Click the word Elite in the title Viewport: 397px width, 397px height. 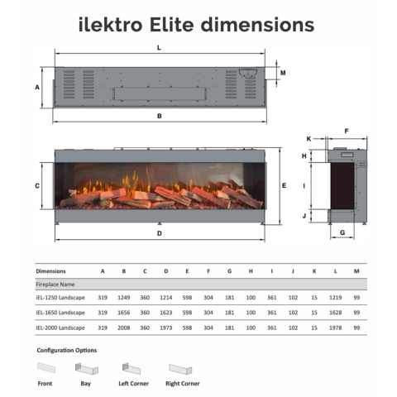[172, 25]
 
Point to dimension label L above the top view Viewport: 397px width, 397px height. [159, 48]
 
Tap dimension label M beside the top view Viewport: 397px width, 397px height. [283, 73]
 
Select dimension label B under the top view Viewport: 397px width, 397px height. [160, 116]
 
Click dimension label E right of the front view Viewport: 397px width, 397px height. [285, 186]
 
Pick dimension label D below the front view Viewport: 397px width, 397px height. [160, 233]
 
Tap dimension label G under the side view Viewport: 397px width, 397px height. [342, 232]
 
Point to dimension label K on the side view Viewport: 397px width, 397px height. [309, 139]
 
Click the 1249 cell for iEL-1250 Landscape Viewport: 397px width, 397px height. [124, 298]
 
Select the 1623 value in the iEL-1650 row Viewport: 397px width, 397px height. [166, 313]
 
